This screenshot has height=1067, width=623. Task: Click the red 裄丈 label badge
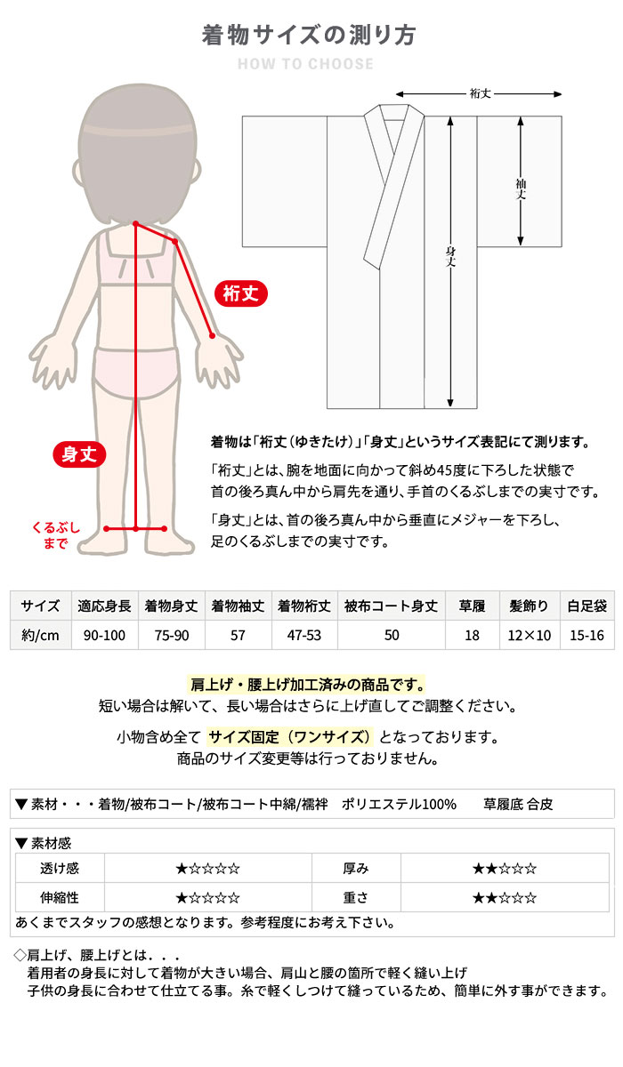[x=241, y=293]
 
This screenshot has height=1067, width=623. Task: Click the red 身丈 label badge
[x=79, y=454]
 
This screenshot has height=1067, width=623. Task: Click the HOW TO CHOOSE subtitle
[x=306, y=64]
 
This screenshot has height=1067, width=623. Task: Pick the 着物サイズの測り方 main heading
[x=309, y=35]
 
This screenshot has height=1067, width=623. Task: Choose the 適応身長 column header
[x=104, y=606]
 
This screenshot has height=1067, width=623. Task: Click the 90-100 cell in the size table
[x=104, y=635]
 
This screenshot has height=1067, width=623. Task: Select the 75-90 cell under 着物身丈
[x=172, y=635]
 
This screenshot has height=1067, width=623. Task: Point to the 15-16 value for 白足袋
[x=587, y=635]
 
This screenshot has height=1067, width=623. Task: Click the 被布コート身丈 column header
[x=391, y=606]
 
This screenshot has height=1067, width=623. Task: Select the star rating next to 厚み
[x=505, y=869]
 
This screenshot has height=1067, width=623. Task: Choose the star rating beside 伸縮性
[x=207, y=897]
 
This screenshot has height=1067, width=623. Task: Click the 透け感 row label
[x=60, y=869]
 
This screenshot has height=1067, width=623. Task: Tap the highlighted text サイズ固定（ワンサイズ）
[x=289, y=737]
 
